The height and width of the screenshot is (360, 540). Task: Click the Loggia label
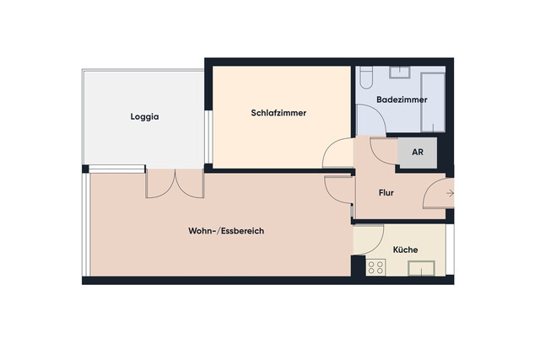click(x=145, y=117)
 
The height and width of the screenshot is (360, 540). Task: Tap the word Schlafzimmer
click(x=278, y=113)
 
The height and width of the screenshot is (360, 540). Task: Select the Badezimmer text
click(x=402, y=100)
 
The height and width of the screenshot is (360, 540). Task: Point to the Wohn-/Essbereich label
click(x=226, y=231)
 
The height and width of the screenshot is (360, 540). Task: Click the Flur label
click(x=386, y=193)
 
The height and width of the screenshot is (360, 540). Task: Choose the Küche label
click(x=406, y=250)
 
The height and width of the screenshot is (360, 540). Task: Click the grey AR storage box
click(x=417, y=153)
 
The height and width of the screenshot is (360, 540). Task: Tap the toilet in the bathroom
click(x=365, y=79)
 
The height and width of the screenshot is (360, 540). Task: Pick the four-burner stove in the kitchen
click(x=376, y=268)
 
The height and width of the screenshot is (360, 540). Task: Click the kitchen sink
click(x=421, y=269)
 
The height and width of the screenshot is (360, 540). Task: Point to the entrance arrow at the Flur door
click(x=450, y=194)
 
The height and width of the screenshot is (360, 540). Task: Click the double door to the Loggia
click(x=175, y=183)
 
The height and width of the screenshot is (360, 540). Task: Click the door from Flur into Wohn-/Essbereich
click(x=337, y=191)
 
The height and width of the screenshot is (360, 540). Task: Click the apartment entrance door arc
click(x=436, y=193)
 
